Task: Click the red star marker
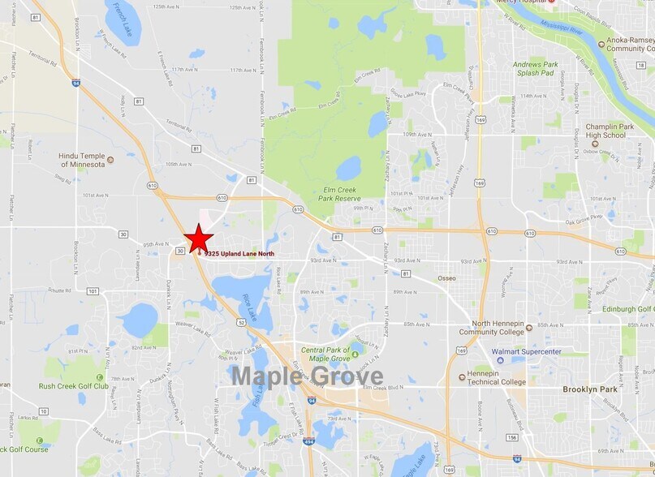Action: click(198, 238)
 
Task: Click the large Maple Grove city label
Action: click(307, 376)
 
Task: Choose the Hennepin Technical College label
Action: click(496, 377)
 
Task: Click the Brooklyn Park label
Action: click(590, 389)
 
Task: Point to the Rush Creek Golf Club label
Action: click(73, 386)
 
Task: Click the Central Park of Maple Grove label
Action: click(325, 355)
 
